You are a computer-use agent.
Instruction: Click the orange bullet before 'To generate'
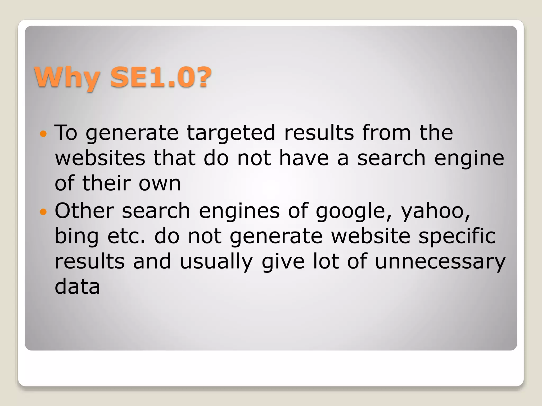click(x=43, y=134)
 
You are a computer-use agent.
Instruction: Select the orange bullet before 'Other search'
click(x=43, y=212)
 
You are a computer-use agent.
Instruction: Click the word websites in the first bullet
click(x=100, y=158)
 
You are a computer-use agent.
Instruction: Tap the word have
click(x=304, y=158)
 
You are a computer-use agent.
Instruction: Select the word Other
click(x=84, y=211)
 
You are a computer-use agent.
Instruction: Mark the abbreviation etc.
click(x=127, y=236)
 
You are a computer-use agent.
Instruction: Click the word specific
click(x=457, y=236)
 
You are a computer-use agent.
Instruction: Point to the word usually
click(x=216, y=262)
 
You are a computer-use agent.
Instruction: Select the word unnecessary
click(x=440, y=262)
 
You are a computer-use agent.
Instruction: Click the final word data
click(x=77, y=287)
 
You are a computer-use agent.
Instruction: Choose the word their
click(x=106, y=183)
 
